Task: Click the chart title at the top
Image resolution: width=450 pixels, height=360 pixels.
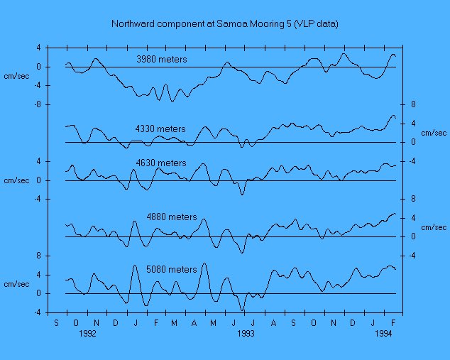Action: tap(225, 23)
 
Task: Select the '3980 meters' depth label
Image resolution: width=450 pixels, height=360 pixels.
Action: tap(163, 60)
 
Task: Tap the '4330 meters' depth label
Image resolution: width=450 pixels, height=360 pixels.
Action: tap(160, 129)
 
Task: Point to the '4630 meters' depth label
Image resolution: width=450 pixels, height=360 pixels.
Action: tap(161, 163)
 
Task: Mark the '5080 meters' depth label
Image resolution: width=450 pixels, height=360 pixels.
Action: tap(172, 270)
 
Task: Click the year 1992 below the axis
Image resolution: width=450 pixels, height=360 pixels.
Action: tap(87, 332)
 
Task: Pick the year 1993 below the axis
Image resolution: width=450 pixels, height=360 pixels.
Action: tap(246, 332)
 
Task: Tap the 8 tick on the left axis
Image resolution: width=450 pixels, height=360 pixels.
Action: tap(41, 256)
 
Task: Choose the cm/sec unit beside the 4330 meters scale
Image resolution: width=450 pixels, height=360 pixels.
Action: tap(434, 133)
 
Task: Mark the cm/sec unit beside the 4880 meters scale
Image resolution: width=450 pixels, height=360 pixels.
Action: tap(434, 227)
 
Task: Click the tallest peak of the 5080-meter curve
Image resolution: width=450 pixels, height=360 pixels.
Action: tap(205, 263)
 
